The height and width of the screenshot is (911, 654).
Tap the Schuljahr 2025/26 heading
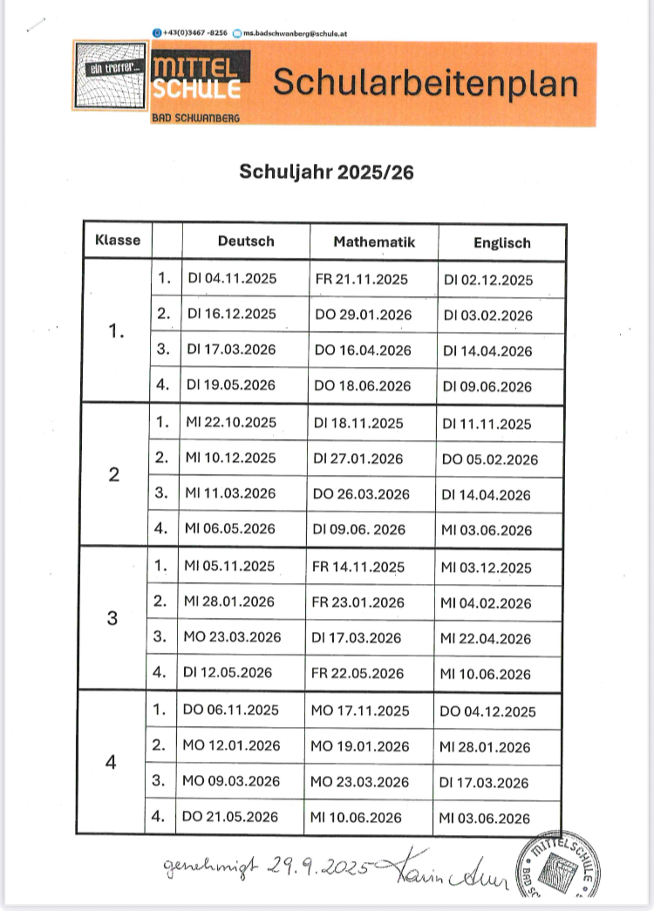click(327, 172)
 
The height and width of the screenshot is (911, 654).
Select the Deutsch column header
click(246, 241)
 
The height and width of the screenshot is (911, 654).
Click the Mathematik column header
click(374, 241)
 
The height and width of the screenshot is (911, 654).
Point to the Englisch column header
click(501, 243)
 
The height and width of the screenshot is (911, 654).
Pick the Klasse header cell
click(118, 241)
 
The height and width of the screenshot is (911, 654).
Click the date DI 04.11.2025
click(231, 280)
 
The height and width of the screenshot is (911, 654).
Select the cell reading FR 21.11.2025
click(360, 280)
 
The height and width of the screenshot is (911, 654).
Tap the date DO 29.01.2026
click(362, 315)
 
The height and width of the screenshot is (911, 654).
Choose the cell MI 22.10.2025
click(231, 423)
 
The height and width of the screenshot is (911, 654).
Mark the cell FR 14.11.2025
click(358, 567)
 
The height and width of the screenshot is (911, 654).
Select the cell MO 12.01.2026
click(231, 746)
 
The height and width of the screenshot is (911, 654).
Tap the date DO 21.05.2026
click(231, 816)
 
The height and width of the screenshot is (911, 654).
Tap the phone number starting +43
click(194, 32)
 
